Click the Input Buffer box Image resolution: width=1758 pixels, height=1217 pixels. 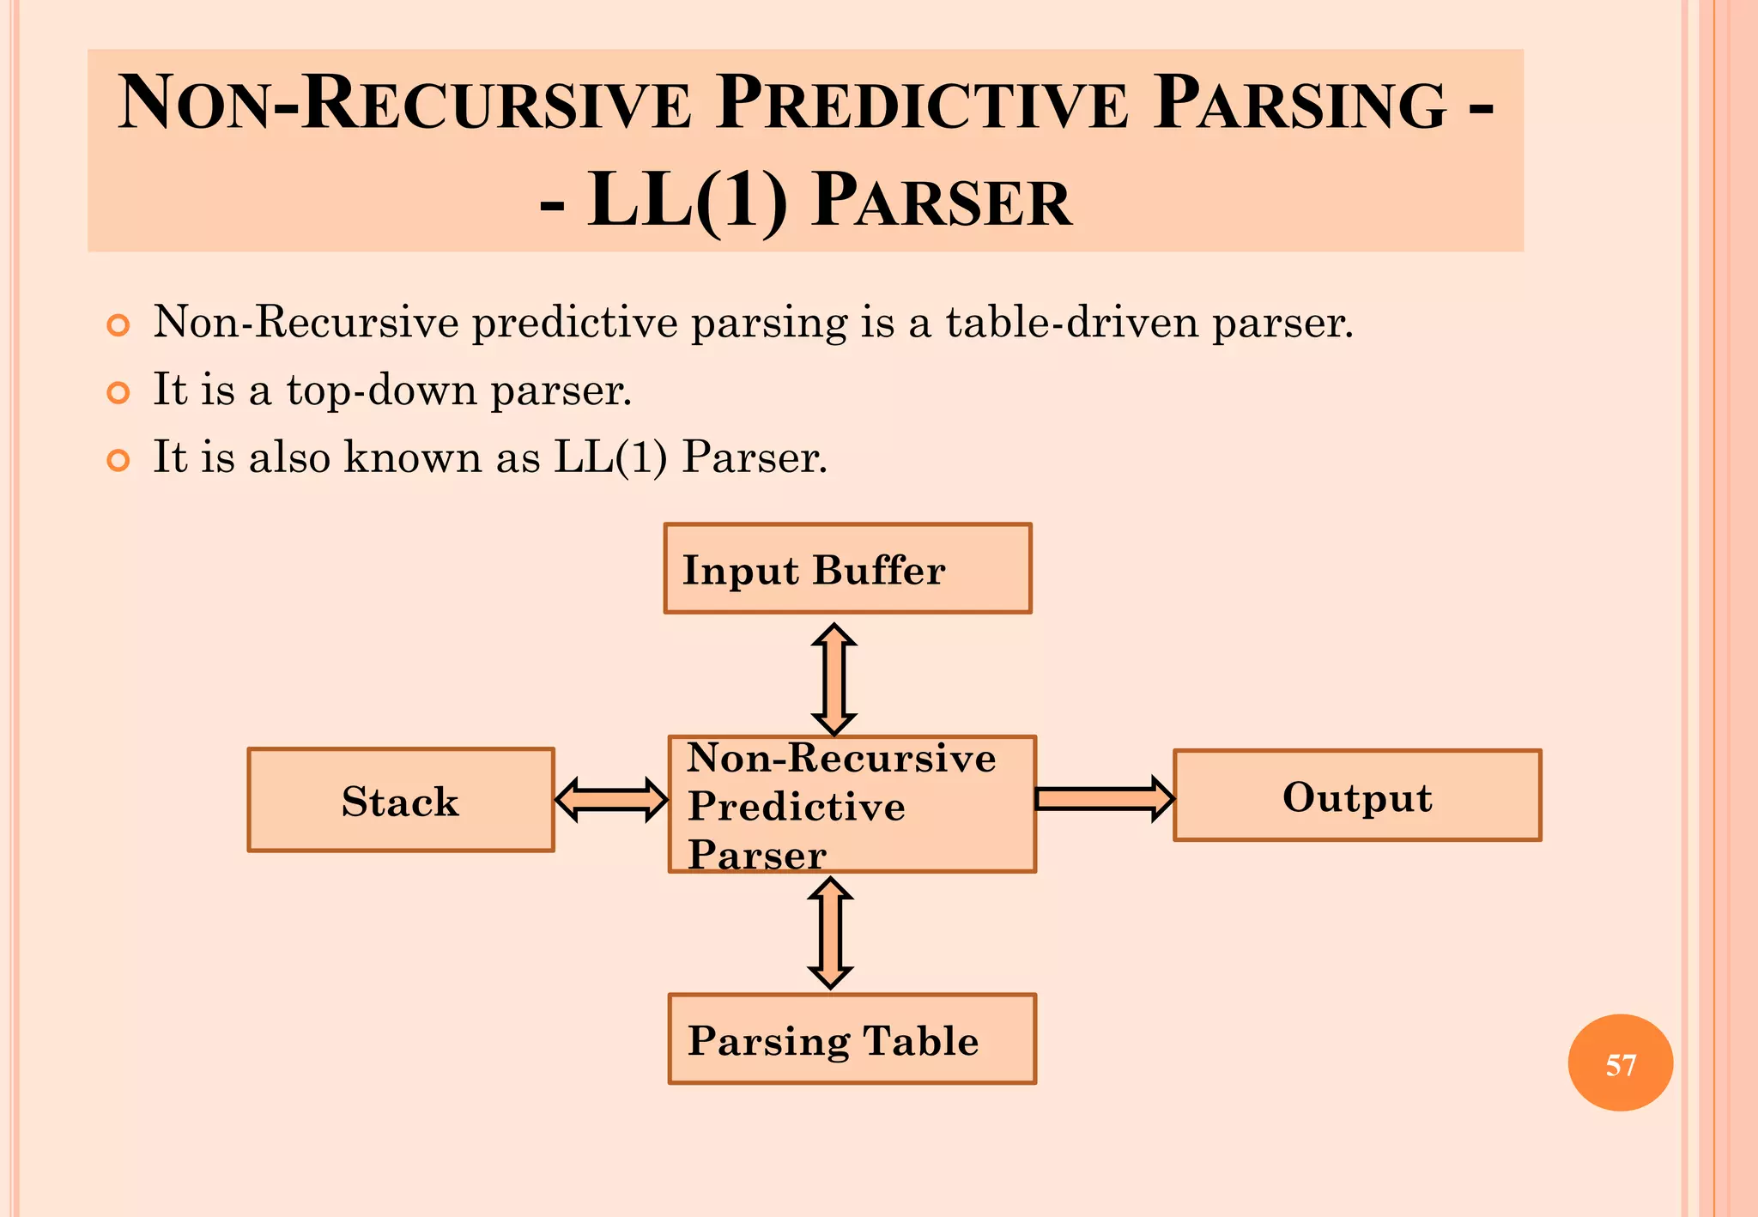tap(847, 568)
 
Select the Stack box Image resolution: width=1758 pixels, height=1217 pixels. tap(401, 800)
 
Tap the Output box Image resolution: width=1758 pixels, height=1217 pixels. tap(1357, 796)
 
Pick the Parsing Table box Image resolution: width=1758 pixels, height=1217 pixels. tap(852, 1039)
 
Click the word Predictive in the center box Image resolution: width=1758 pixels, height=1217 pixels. tap(797, 807)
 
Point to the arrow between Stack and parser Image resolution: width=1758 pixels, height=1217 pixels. tap(611, 800)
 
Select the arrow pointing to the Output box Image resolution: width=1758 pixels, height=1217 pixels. tap(1104, 799)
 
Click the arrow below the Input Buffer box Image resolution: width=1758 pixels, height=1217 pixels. tap(834, 679)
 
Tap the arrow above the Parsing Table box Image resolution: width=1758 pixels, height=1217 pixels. tap(831, 933)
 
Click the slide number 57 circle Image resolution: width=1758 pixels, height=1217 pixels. tap(1620, 1063)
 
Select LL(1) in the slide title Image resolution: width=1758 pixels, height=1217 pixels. tap(687, 201)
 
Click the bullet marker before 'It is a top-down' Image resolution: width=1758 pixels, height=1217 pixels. tap(118, 393)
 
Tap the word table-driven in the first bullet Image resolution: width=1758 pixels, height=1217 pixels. tap(1072, 323)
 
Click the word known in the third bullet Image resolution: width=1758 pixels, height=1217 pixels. tap(412, 457)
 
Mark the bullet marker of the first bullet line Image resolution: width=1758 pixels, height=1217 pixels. tap(118, 325)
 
